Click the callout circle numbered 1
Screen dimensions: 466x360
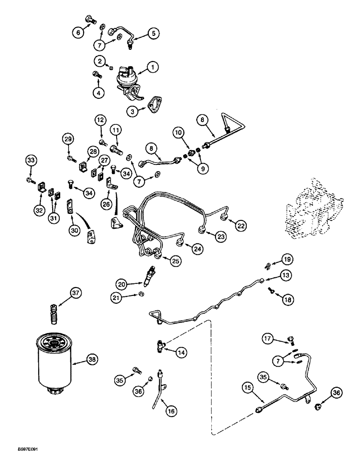pyautogui.click(x=152, y=67)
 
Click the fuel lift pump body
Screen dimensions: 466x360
pyautogui.click(x=127, y=80)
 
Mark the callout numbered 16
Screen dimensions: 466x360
pyautogui.click(x=171, y=411)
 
